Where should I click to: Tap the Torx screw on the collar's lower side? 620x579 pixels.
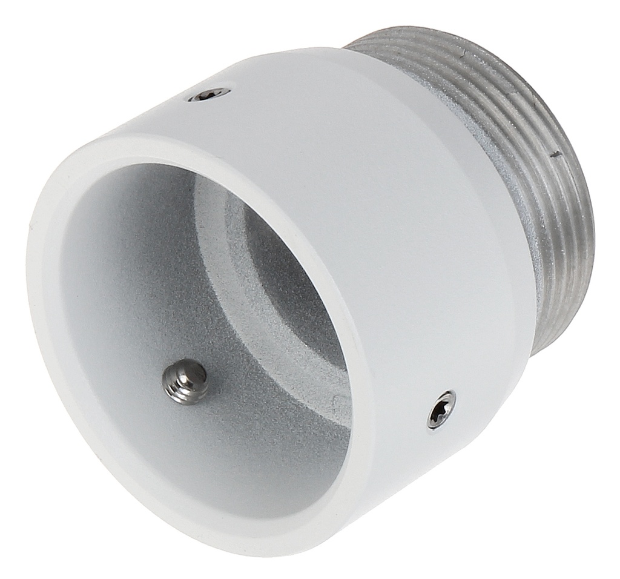[441, 411]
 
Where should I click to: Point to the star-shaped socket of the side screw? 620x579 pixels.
[441, 410]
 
